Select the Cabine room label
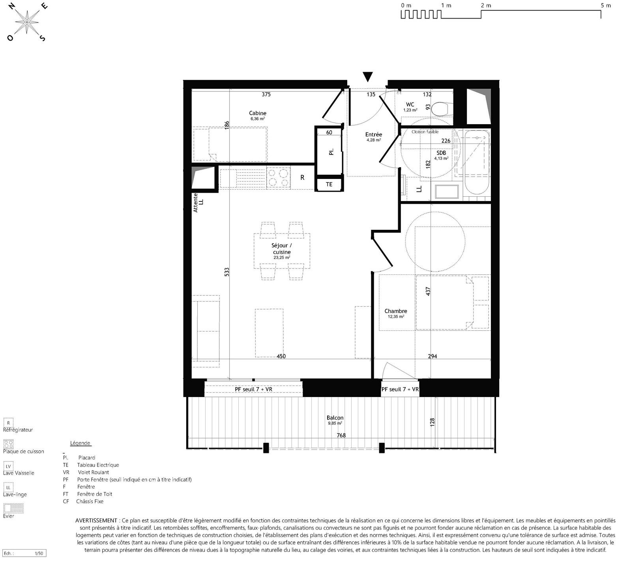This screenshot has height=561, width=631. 258,113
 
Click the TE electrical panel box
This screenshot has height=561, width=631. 329,185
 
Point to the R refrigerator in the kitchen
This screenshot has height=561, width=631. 303,178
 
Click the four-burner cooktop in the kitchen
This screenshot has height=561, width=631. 278,177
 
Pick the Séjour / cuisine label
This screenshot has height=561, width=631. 282,249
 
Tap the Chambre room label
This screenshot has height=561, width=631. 396,311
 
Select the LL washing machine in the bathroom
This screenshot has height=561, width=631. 419,189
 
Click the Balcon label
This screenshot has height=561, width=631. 335,417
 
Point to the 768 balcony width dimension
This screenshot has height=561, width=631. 341,435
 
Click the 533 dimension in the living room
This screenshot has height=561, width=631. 227,272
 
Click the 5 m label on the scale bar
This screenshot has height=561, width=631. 606,6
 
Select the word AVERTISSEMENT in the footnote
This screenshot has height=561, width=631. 96,521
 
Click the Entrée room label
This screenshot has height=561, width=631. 374,134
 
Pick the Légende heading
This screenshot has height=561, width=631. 80,443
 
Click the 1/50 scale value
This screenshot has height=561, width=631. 39,554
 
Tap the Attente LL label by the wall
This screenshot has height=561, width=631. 198,202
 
